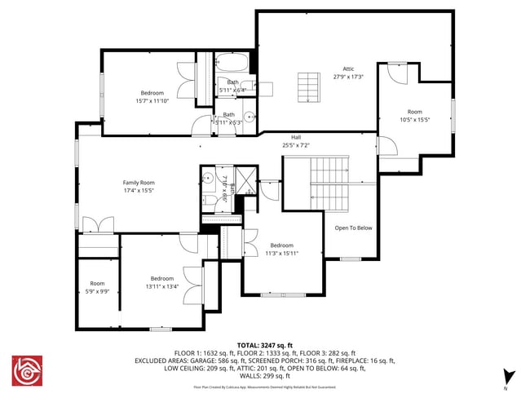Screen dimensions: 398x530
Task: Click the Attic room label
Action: pyautogui.click(x=348, y=69)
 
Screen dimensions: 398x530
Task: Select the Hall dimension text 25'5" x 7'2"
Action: pyautogui.click(x=296, y=145)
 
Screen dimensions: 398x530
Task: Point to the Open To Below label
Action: pyautogui.click(x=353, y=228)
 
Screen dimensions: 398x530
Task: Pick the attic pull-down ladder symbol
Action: pyautogui.click(x=310, y=86)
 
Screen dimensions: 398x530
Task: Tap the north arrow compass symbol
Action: pyautogui.click(x=509, y=377)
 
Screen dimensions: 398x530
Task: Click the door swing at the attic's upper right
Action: pyautogui.click(x=396, y=73)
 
